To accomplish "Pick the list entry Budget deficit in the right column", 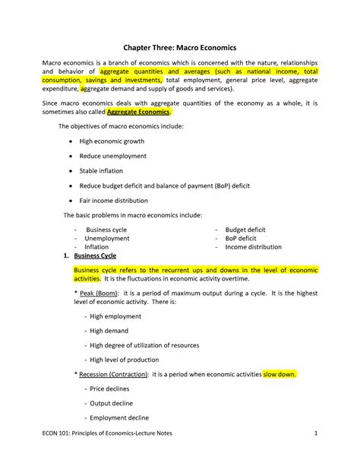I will [245, 229].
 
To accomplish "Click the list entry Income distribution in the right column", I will [253, 247].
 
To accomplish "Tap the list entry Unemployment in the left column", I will [107, 238].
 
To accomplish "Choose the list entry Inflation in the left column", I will [96, 247].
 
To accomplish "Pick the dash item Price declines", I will [109, 388].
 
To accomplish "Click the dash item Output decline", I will [111, 403].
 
